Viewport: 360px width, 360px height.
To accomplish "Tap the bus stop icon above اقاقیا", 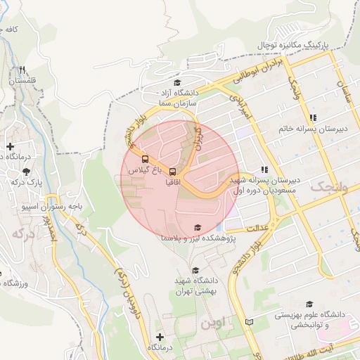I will point(173,172).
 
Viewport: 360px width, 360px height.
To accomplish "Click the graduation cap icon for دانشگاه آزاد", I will point(176,83).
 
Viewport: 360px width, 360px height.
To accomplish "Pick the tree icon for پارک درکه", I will point(26,171).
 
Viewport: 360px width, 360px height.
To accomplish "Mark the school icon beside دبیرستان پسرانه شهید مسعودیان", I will point(264,169).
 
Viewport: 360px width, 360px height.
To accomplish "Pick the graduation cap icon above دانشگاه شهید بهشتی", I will point(195,270).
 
